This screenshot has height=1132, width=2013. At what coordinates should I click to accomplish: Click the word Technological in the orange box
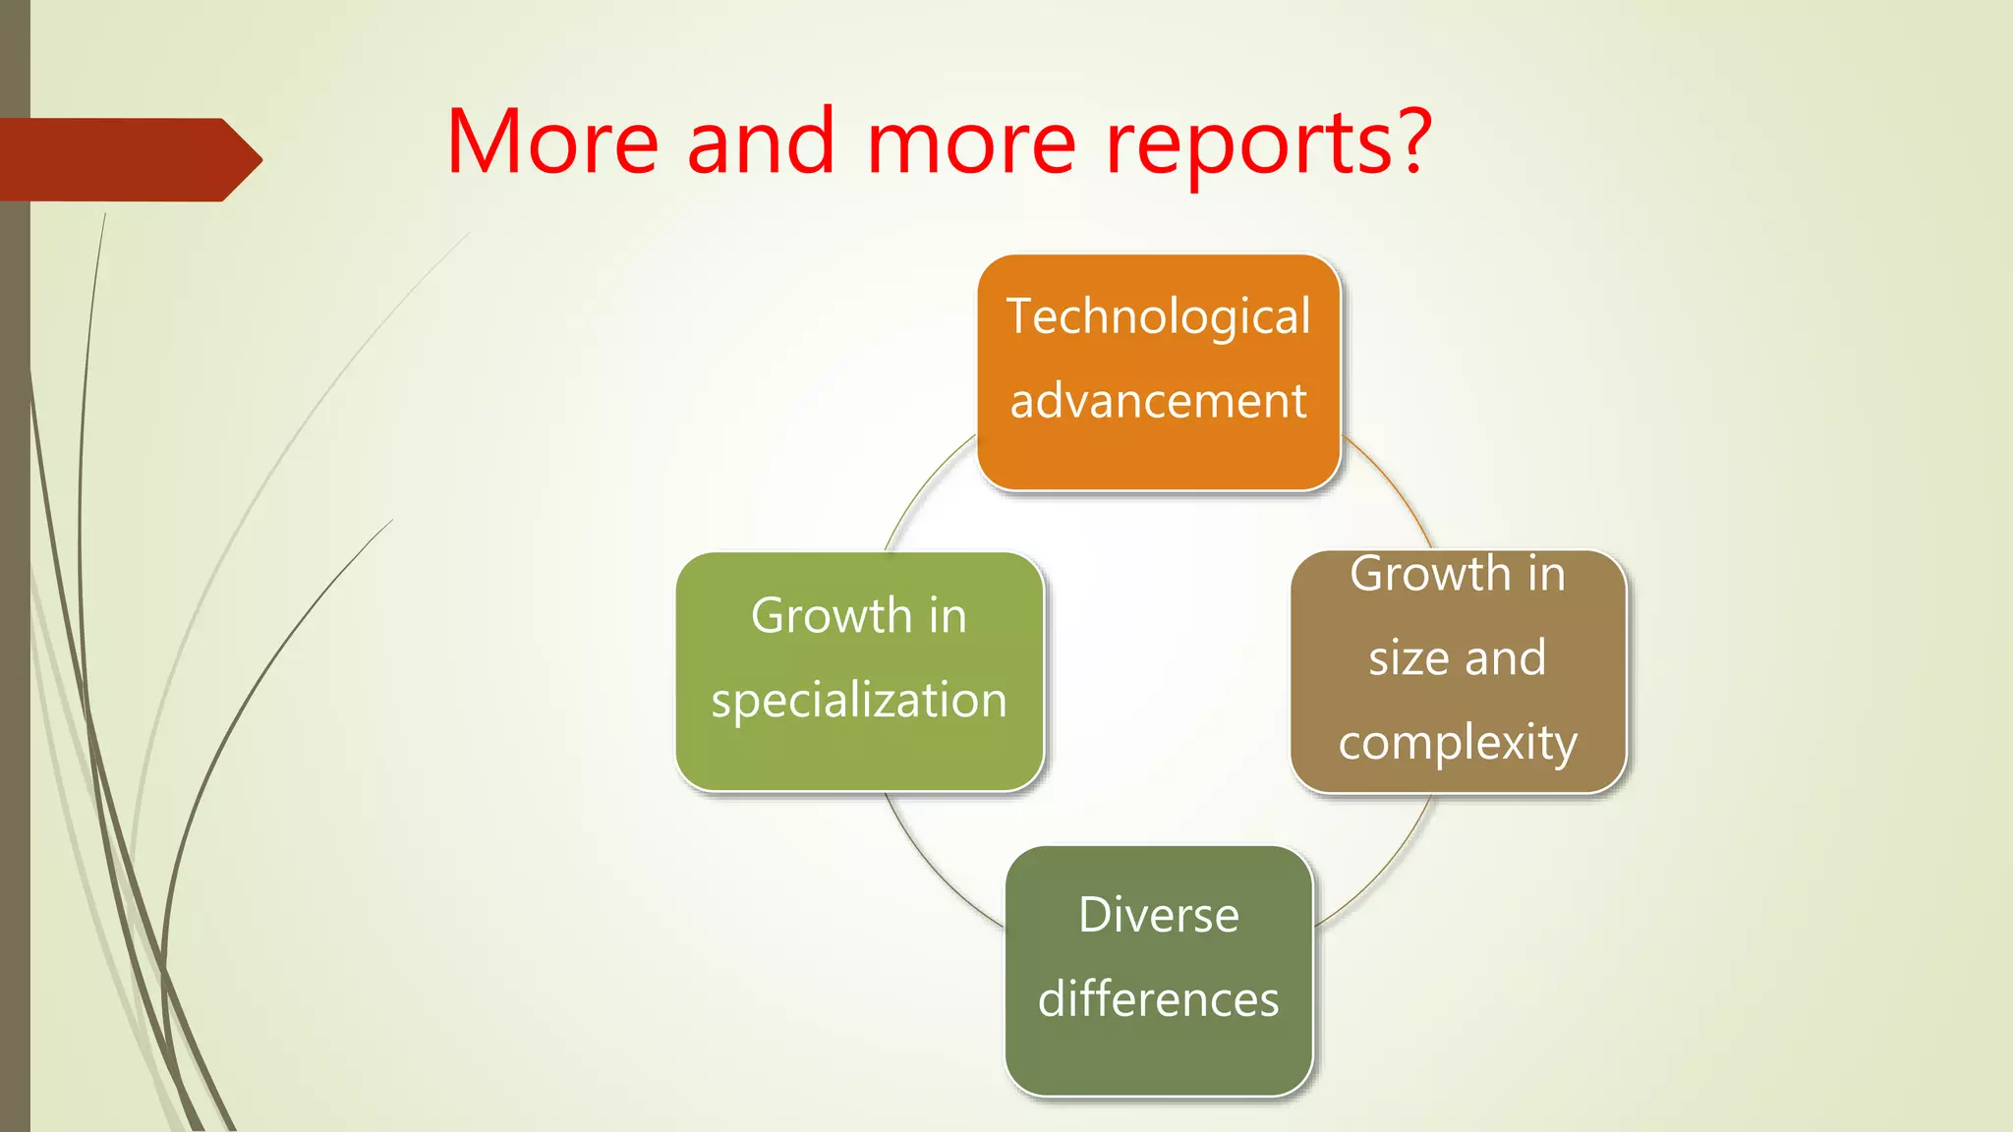point(1158,317)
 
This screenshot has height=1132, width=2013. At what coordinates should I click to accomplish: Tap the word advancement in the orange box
point(1158,402)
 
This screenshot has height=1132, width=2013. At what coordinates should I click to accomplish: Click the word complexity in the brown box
point(1458,743)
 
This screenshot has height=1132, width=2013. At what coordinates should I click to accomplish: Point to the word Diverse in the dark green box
point(1158,916)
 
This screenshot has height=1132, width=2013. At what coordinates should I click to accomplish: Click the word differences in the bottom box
point(1158,1000)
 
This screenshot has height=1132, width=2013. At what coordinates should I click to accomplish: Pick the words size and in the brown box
point(1458,658)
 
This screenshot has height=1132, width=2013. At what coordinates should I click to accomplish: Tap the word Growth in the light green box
point(831,617)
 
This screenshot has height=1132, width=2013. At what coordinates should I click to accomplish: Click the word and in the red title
point(761,142)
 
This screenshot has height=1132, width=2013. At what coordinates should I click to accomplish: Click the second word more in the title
point(971,142)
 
